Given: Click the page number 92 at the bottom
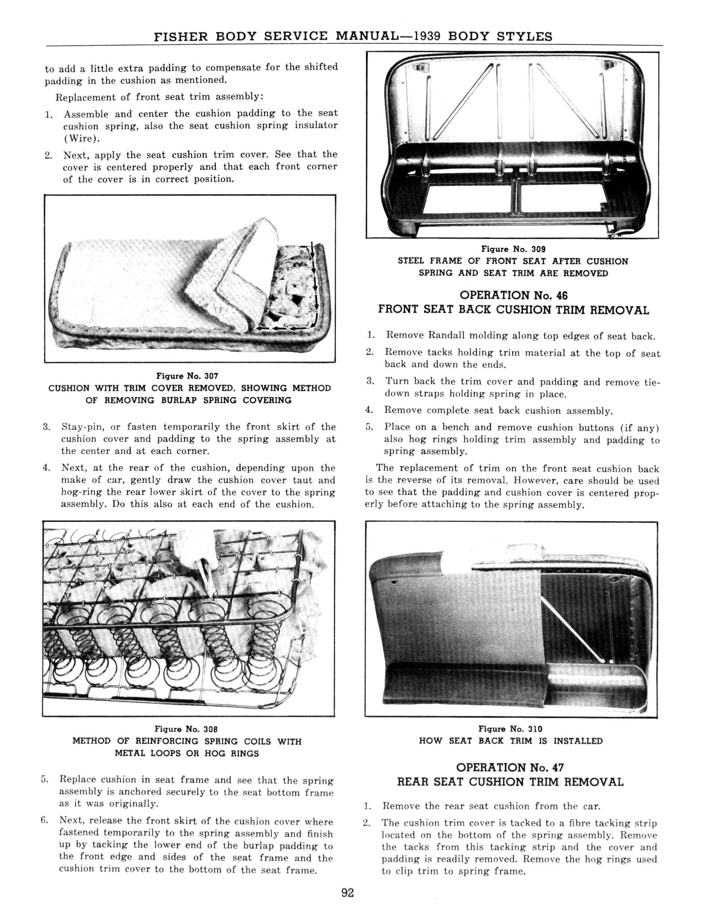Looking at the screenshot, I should pyautogui.click(x=348, y=893).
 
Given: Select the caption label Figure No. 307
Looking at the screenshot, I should pyautogui.click(x=187, y=376).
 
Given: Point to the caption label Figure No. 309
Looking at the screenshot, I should pyautogui.click(x=513, y=249).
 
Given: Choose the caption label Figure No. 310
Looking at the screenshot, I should pyautogui.click(x=510, y=729).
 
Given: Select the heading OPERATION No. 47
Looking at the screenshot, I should pyautogui.click(x=510, y=767).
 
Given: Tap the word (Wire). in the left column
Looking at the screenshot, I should pyautogui.click(x=78, y=138).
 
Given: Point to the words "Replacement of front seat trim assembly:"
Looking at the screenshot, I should pyautogui.click(x=159, y=97).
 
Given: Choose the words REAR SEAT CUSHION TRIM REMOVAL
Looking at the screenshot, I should pyautogui.click(x=510, y=782).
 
